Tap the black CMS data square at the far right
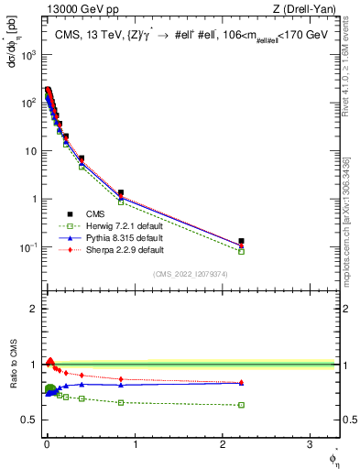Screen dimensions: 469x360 242,241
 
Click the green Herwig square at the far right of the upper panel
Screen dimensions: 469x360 242,251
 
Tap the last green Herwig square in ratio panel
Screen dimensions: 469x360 242,405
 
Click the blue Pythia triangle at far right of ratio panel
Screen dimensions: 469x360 242,383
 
